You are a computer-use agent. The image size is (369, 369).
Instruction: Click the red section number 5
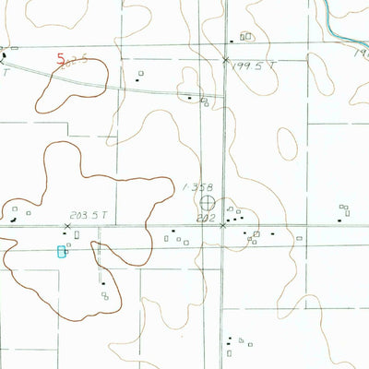[61, 58]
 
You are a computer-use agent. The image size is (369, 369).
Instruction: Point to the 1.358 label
[195, 186]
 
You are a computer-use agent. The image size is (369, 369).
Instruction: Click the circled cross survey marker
[208, 202]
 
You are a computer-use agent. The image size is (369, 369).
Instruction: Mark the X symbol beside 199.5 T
[225, 60]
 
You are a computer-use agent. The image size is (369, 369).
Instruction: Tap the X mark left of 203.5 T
[67, 225]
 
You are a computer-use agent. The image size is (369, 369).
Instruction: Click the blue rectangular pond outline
[63, 251]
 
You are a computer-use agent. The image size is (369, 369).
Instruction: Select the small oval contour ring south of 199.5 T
[287, 142]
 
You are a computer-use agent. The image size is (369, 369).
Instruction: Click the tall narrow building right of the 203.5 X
[77, 235]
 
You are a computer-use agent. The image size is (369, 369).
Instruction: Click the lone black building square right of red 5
[139, 75]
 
